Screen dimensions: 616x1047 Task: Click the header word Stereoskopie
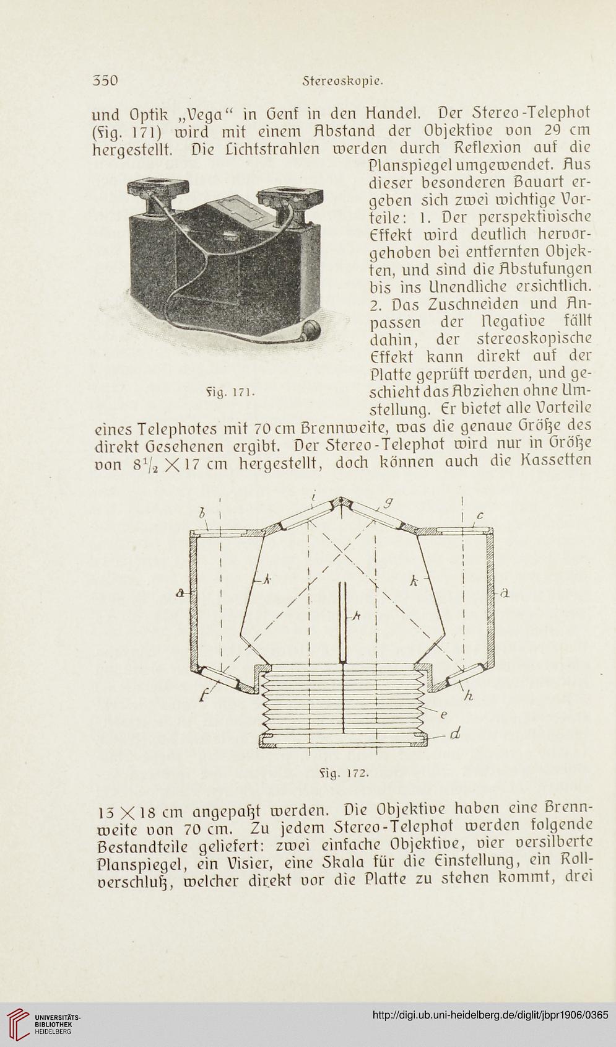343,81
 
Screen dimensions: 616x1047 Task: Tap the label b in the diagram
202,514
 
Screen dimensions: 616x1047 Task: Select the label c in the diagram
480,516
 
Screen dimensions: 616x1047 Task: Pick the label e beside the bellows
444,714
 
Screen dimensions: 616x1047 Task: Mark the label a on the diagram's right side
503,595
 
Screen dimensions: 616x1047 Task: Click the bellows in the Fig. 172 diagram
343,701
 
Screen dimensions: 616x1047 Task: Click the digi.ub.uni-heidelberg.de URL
490,1015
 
